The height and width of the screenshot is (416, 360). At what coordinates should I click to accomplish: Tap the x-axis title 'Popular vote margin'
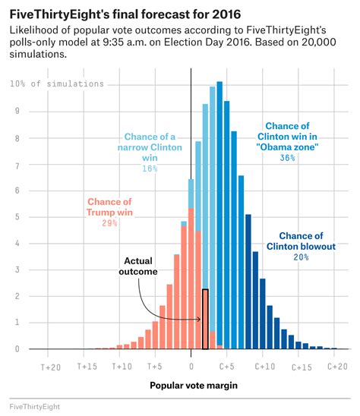[193, 386]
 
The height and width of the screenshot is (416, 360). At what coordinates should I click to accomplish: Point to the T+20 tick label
[50, 366]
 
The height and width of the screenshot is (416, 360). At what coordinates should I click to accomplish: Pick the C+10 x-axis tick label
[264, 366]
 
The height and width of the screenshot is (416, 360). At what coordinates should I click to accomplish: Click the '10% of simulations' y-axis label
[57, 84]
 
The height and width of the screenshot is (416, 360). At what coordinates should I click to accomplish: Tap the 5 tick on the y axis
[17, 217]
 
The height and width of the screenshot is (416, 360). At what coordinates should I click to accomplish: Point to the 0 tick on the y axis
[17, 349]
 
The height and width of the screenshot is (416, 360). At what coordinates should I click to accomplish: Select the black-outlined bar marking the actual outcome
[205, 319]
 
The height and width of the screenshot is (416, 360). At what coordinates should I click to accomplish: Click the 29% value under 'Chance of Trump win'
[108, 224]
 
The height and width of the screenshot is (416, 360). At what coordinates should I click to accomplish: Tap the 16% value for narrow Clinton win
[149, 168]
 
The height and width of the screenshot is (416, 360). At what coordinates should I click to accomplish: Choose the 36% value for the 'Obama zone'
[287, 158]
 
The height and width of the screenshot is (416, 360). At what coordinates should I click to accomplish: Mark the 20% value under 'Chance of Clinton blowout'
[301, 257]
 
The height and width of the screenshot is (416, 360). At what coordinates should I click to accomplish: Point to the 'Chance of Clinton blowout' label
[301, 241]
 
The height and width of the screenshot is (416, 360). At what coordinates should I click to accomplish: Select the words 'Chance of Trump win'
[109, 207]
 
